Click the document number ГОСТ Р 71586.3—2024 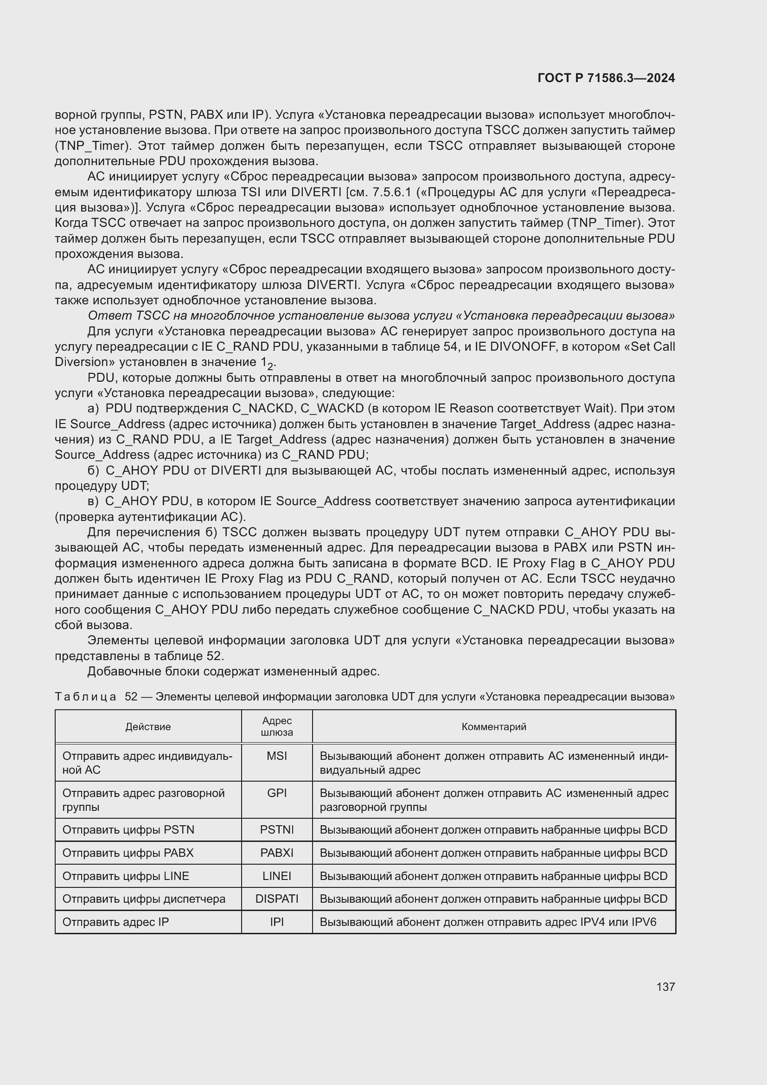[x=606, y=78]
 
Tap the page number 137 [x=665, y=987]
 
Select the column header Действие [x=148, y=727]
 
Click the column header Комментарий [x=493, y=727]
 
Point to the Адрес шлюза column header [x=277, y=726]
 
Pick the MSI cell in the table [x=277, y=756]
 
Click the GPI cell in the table [x=277, y=793]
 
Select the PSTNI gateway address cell [x=277, y=830]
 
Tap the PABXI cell [x=277, y=853]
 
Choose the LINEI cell [x=277, y=876]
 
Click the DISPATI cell [x=277, y=899]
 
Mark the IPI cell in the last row [x=277, y=922]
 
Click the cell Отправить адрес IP [x=115, y=922]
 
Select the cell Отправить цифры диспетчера [x=144, y=899]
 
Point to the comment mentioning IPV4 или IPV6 [x=488, y=922]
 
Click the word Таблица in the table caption [x=85, y=697]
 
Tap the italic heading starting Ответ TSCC [x=381, y=316]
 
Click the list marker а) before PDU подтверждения [x=93, y=408]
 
